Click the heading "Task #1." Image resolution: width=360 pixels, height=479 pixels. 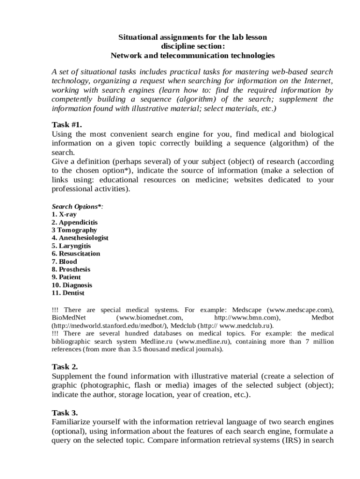67,124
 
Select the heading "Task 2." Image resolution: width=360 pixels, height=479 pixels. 65,366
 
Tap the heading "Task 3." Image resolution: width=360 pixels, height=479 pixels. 65,413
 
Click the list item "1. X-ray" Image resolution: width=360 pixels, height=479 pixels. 64,214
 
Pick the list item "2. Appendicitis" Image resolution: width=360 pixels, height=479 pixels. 75,222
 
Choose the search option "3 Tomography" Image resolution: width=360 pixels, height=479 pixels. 74,230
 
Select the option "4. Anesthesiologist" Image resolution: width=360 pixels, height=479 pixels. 80,238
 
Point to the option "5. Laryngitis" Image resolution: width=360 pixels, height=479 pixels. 71,246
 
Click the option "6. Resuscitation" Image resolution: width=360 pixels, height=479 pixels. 76,254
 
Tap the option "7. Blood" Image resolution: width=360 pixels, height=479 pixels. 64,261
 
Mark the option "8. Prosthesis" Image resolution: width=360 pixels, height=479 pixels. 71,269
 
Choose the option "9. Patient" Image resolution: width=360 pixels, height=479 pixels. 66,277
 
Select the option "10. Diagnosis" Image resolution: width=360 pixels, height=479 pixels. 72,285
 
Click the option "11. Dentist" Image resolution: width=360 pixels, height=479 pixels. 68,293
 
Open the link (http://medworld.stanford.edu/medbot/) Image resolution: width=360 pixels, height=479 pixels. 110,326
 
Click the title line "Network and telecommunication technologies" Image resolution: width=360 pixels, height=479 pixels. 193,56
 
